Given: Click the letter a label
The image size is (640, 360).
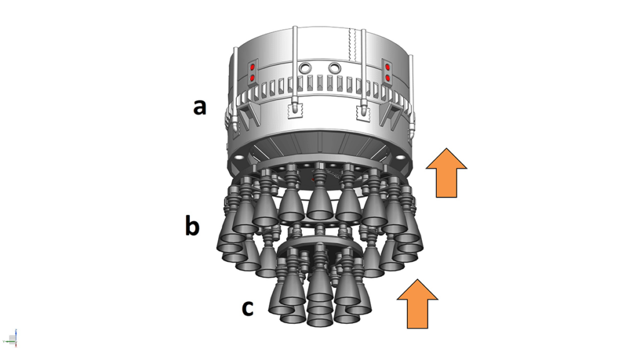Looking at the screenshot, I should click(x=199, y=107).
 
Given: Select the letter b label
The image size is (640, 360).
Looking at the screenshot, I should click(x=192, y=226).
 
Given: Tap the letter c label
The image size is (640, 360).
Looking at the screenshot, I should click(x=247, y=307).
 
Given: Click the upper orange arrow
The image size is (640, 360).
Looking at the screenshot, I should click(x=446, y=173).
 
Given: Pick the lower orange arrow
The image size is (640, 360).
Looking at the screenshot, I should click(x=417, y=304).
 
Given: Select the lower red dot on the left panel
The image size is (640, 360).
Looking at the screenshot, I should click(x=252, y=78).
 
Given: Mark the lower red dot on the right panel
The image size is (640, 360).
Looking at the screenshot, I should click(x=387, y=78).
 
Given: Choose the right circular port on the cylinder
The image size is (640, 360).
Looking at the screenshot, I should click(x=335, y=67).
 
